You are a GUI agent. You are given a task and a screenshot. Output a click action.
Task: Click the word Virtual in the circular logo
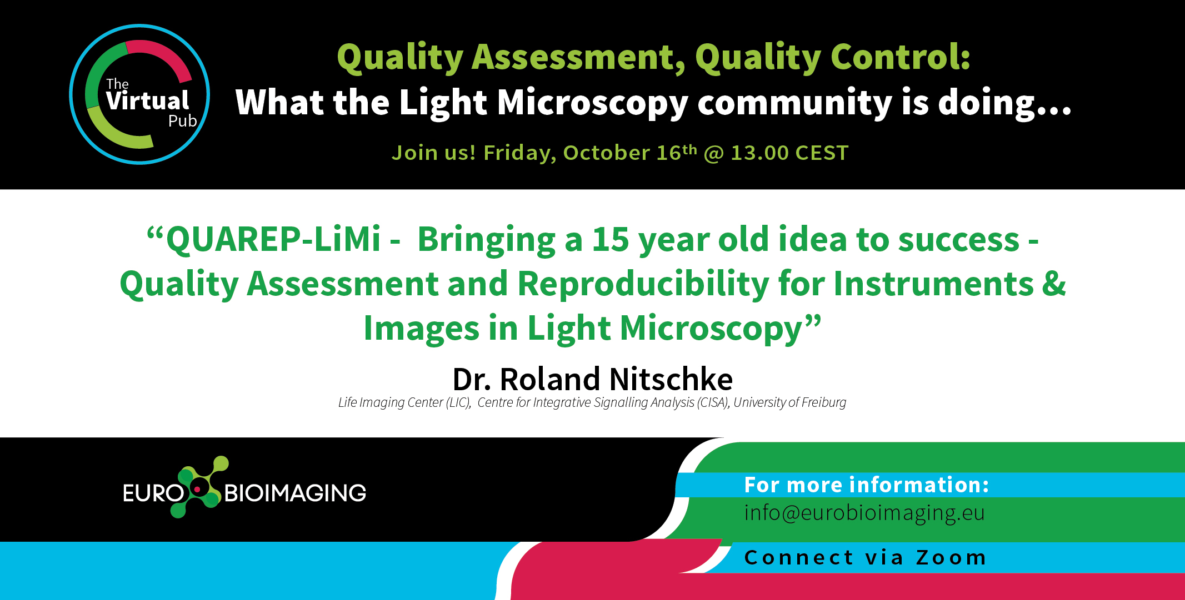click(x=148, y=101)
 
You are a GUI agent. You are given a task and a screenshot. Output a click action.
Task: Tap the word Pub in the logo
click(x=182, y=121)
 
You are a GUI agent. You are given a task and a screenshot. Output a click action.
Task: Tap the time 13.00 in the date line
click(x=759, y=153)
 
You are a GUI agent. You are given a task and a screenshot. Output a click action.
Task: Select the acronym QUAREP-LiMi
click(x=273, y=240)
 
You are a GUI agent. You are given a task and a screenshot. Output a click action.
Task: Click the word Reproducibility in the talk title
click(x=643, y=284)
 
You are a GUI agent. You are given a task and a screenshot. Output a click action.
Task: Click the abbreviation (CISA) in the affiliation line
click(x=713, y=402)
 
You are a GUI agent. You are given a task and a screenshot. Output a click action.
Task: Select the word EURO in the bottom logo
click(x=153, y=493)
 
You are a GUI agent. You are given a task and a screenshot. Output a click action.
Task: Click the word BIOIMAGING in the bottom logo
click(x=295, y=493)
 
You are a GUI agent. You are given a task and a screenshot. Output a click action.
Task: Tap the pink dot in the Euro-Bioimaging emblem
click(x=197, y=489)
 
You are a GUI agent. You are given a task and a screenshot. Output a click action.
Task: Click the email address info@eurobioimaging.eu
click(x=864, y=513)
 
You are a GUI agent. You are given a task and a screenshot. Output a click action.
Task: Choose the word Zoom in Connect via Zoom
click(x=951, y=557)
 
